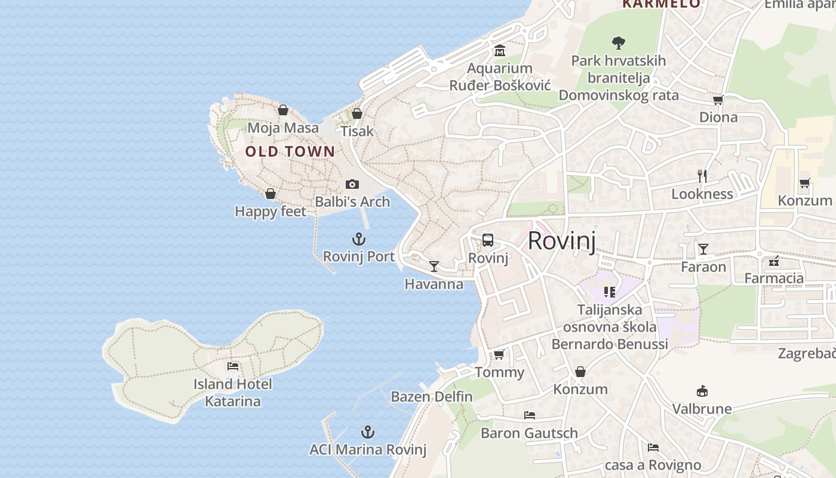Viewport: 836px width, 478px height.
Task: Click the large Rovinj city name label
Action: pos(561,241)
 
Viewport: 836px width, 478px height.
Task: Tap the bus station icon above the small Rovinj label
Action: pos(488,240)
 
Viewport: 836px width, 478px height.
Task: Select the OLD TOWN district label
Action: pos(290,151)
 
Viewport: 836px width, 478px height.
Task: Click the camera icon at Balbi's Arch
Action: pos(352,184)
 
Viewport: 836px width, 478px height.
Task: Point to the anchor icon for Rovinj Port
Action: pos(358,240)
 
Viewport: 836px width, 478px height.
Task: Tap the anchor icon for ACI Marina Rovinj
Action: pos(368,432)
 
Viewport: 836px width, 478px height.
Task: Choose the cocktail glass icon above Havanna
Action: pos(434,266)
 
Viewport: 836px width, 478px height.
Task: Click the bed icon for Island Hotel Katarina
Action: pos(233,366)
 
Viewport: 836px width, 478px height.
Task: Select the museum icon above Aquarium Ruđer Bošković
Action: pos(499,51)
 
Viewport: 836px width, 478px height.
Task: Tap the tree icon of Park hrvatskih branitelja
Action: pos(619,42)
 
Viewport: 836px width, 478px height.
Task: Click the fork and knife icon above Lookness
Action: pos(702,176)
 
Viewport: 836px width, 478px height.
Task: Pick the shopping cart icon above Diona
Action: pos(718,100)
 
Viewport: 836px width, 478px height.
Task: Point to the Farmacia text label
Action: pos(773,278)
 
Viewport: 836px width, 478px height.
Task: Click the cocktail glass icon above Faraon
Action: pos(703,249)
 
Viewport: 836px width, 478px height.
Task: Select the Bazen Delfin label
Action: pos(431,396)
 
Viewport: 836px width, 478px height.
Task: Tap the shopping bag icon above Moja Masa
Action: pos(283,110)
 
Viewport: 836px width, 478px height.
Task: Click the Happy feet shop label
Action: pos(270,211)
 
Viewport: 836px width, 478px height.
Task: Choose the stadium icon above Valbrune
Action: pos(702,391)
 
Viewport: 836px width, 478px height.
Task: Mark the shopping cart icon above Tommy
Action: pos(499,355)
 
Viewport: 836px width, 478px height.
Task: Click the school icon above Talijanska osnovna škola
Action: pos(609,292)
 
